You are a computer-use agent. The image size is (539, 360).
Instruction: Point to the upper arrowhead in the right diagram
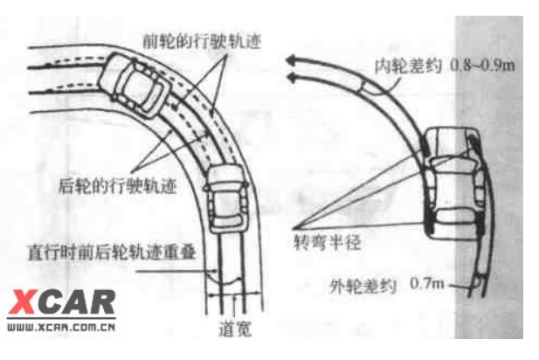294,62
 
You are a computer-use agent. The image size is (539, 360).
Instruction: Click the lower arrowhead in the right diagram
294,79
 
